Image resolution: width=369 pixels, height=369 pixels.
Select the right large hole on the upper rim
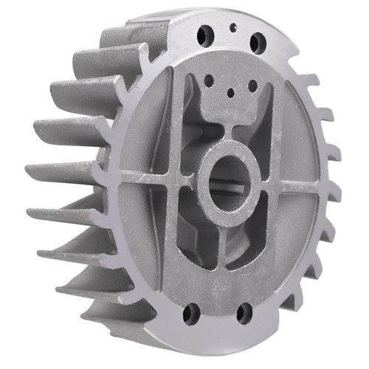coord(255,42)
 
